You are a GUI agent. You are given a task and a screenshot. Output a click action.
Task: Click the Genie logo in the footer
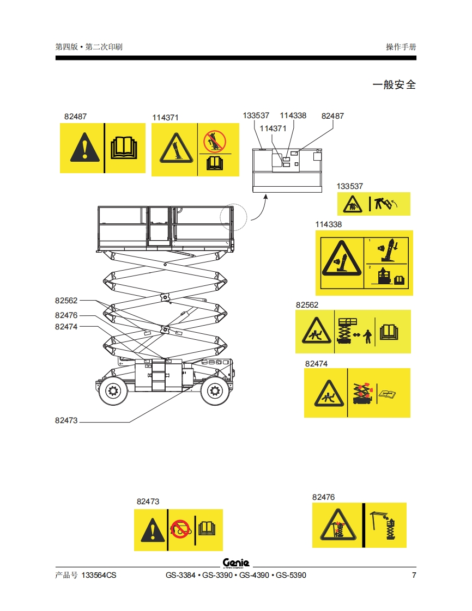tap(236, 563)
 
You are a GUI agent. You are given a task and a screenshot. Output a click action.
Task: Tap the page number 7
tap(414, 576)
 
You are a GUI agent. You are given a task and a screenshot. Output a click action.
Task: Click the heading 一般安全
tap(394, 85)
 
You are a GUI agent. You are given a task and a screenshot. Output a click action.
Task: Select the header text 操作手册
tap(401, 47)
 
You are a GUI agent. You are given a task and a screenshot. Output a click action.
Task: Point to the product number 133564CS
tap(99, 576)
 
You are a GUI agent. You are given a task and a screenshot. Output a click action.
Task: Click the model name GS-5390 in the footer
tap(291, 576)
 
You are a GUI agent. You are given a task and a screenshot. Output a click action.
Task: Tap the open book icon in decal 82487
tap(125, 148)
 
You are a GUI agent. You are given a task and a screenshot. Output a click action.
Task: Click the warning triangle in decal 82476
tap(338, 526)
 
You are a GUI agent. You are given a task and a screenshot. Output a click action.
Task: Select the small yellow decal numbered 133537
tap(373, 204)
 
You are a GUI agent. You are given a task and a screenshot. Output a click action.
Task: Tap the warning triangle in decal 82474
tap(326, 393)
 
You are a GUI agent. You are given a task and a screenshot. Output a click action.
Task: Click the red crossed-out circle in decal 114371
tap(214, 142)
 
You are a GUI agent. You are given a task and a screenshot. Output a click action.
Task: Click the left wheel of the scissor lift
tap(114, 389)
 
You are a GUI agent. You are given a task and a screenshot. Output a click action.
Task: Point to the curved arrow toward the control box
tap(259, 206)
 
